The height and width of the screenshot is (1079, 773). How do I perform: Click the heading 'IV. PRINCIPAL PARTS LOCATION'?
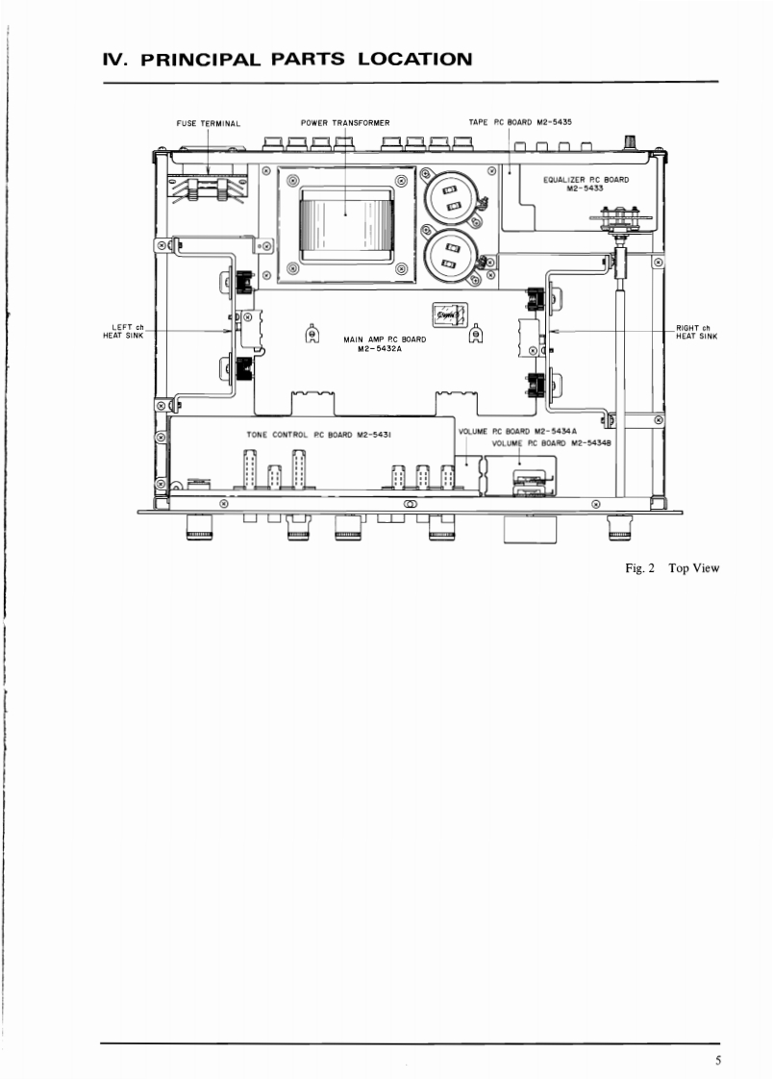pyautogui.click(x=287, y=60)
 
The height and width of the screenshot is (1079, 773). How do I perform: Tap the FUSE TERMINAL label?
pyautogui.click(x=209, y=124)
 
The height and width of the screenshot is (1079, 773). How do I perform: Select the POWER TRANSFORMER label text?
pyautogui.click(x=345, y=123)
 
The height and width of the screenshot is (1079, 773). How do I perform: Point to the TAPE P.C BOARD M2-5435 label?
pyautogui.click(x=520, y=122)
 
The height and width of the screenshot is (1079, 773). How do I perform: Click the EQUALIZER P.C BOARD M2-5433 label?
pyautogui.click(x=586, y=184)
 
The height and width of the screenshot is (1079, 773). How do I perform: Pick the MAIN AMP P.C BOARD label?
pyautogui.click(x=385, y=343)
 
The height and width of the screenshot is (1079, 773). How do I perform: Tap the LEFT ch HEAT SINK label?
pyautogui.click(x=124, y=332)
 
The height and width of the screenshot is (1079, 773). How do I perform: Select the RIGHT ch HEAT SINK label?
pyautogui.click(x=697, y=333)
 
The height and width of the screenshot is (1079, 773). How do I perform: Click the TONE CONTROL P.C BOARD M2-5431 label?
pyautogui.click(x=318, y=435)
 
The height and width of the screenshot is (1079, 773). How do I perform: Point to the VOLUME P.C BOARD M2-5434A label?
pyautogui.click(x=517, y=432)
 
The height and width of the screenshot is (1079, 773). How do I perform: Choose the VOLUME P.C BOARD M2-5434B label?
pyautogui.click(x=551, y=443)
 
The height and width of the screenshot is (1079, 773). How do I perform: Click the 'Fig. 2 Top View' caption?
pyautogui.click(x=672, y=567)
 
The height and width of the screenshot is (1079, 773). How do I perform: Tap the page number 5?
pyautogui.click(x=718, y=1061)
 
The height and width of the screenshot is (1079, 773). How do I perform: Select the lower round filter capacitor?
pyautogui.click(x=451, y=257)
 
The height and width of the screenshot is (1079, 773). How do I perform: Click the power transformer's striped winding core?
pyautogui.click(x=345, y=214)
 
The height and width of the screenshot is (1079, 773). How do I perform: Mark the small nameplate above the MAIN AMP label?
pyautogui.click(x=448, y=314)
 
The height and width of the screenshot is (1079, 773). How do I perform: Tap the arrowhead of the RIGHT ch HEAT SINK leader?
pyautogui.click(x=556, y=331)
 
